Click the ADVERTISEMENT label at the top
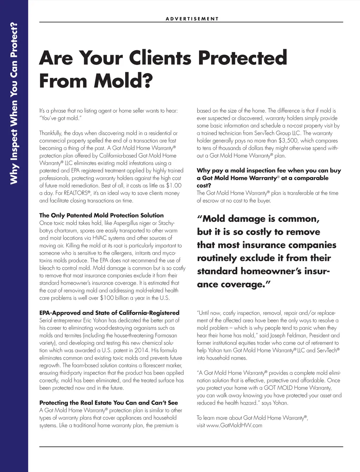click(x=192, y=19)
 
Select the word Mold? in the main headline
click(x=123, y=81)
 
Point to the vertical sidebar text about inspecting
click(x=14, y=104)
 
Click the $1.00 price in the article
click(x=174, y=186)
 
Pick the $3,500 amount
click(x=287, y=140)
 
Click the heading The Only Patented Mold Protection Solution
click(x=101, y=215)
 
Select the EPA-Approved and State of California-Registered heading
click(x=109, y=313)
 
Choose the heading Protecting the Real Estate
click(x=109, y=403)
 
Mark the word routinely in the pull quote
click(x=217, y=258)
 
